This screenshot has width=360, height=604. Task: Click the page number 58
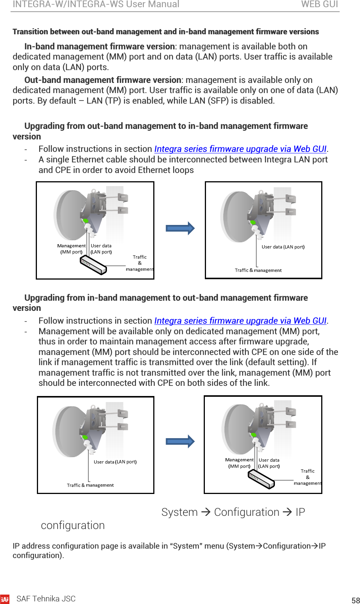click(355, 600)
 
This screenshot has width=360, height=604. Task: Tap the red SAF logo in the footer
click(5, 599)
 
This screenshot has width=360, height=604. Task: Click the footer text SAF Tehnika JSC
click(46, 599)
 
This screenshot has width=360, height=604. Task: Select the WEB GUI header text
click(319, 5)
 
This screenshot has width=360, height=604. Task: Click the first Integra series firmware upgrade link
click(240, 149)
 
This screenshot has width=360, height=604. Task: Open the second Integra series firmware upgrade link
click(240, 321)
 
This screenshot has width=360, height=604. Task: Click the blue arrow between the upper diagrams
click(180, 228)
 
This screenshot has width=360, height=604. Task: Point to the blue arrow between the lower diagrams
click(180, 441)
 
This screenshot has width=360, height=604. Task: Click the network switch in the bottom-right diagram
click(261, 479)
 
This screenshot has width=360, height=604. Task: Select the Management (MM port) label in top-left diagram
click(72, 249)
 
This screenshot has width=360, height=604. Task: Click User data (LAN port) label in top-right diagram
click(283, 247)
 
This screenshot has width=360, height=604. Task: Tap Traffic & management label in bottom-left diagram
click(90, 485)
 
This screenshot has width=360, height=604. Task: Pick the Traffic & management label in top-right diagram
click(258, 270)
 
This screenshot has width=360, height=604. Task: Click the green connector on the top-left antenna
click(85, 221)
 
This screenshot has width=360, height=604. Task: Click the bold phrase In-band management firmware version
click(99, 46)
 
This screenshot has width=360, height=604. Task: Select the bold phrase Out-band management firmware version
click(103, 80)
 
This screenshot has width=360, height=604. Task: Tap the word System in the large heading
click(179, 512)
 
